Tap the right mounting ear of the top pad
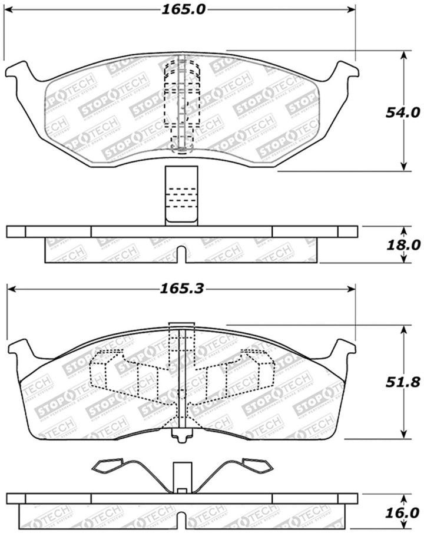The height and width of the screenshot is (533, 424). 346,72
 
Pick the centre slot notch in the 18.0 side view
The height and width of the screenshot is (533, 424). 183,255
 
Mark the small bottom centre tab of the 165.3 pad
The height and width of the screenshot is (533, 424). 182,435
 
